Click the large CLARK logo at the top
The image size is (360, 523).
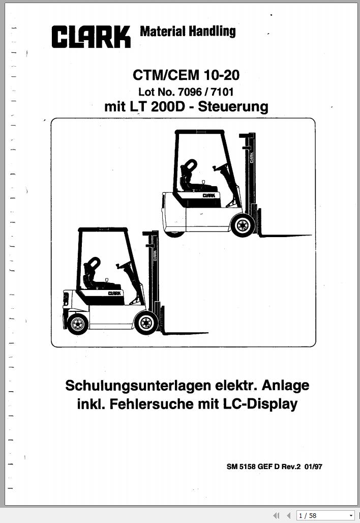[91, 37]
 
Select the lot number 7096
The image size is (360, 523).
[190, 92]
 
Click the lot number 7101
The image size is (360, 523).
[222, 92]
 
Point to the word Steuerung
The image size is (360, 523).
[233, 107]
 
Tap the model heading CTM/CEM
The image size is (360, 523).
[166, 75]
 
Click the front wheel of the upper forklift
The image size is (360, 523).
[243, 225]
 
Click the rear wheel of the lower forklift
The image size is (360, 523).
[78, 324]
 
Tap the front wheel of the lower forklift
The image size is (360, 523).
[145, 323]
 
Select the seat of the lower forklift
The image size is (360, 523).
[97, 274]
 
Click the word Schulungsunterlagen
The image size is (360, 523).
[138, 386]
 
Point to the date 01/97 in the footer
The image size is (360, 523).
[313, 467]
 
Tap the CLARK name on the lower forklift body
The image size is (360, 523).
[114, 293]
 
